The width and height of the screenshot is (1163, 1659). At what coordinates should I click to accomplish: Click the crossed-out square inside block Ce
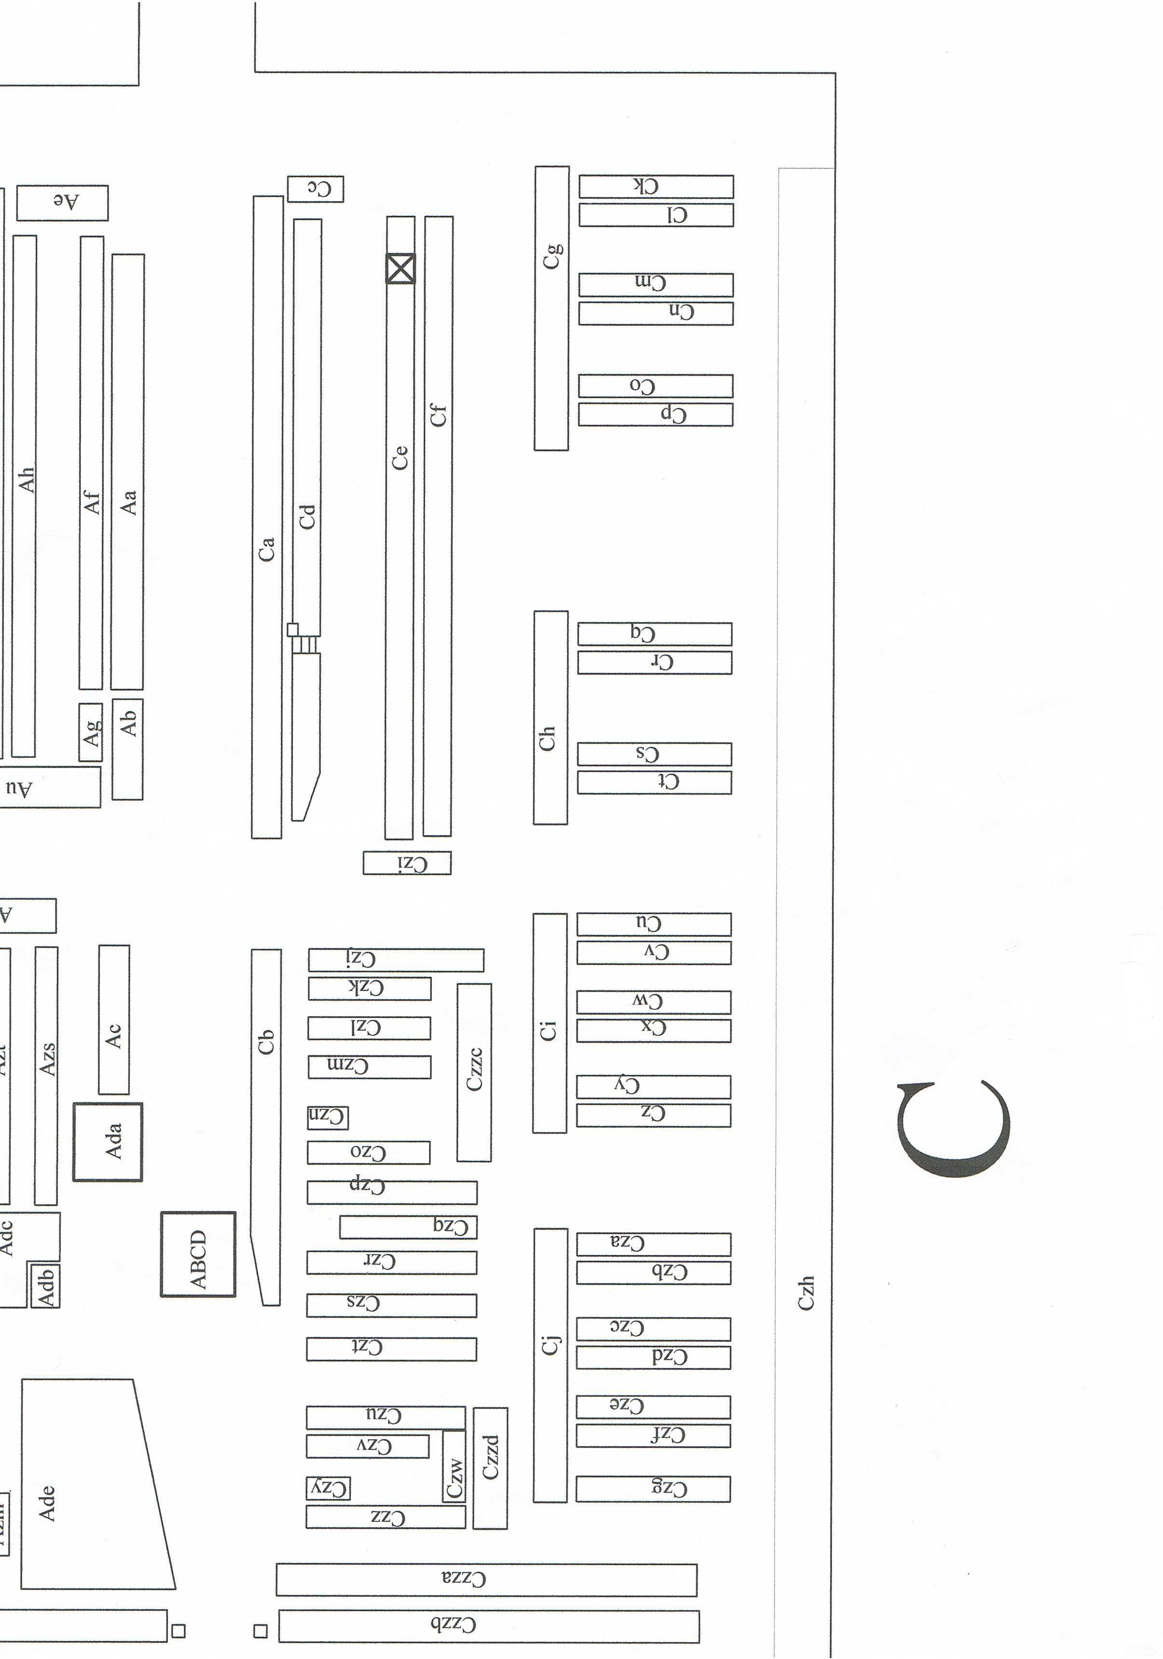[400, 269]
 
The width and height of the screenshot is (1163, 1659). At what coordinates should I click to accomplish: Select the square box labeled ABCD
[198, 1254]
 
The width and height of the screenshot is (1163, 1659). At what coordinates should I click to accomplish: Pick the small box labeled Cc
[315, 189]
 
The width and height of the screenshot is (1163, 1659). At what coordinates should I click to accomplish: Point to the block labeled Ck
[655, 186]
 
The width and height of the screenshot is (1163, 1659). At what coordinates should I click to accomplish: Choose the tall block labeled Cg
[551, 308]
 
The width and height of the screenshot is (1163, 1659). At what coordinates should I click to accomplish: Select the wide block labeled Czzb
[488, 1625]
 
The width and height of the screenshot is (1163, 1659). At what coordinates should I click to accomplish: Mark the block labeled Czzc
[474, 1072]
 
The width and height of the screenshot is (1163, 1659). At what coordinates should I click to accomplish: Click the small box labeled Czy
[328, 1488]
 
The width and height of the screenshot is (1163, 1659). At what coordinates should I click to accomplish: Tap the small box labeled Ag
[90, 732]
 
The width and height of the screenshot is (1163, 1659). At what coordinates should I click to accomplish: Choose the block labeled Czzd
[490, 1467]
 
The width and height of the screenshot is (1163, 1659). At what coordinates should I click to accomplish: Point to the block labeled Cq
[654, 634]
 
